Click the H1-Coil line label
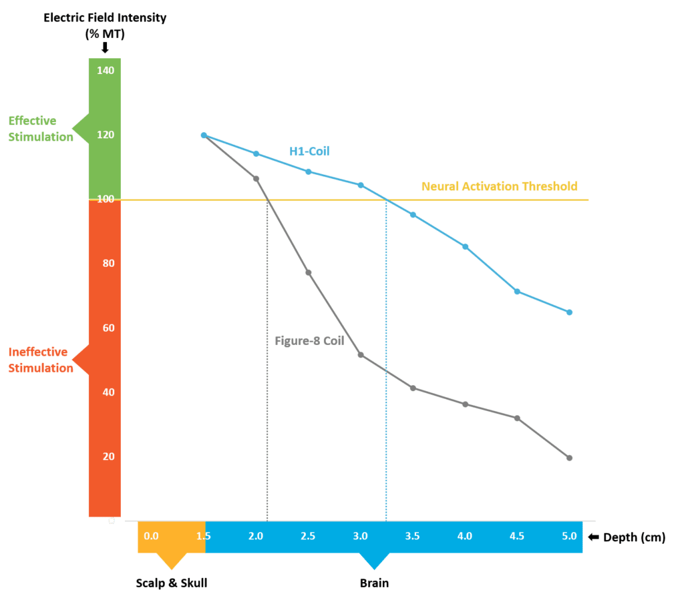(309, 151)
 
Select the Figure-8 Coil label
(309, 340)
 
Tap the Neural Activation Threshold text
(499, 186)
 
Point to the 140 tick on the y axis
(106, 71)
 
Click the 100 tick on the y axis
(106, 199)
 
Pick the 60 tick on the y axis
(106, 328)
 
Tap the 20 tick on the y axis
(106, 457)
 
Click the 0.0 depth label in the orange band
(151, 536)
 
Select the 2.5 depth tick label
(308, 536)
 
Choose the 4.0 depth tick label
(464, 536)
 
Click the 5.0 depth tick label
(569, 536)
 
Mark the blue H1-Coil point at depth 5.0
(569, 312)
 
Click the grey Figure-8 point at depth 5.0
(569, 458)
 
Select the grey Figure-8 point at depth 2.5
(308, 272)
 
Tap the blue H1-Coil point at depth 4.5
(517, 292)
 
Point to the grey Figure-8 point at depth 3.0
(361, 355)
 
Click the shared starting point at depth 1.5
(204, 135)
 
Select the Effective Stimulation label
(41, 129)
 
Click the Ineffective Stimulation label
(41, 360)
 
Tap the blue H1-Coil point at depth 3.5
(413, 215)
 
